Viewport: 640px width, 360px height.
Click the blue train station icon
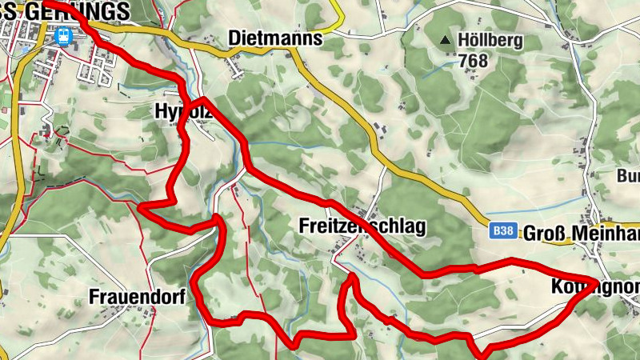pos(62,34)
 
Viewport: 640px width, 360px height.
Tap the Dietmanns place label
pos(274,38)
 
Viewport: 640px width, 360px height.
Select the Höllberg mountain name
pos(490,39)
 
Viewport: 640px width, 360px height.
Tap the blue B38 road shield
pos(503,231)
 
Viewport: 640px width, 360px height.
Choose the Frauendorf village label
pos(137,297)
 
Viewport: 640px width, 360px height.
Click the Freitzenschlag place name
pos(362,226)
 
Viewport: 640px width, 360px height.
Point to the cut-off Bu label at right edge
pos(629,175)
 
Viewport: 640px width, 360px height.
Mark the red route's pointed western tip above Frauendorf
pos(141,206)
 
